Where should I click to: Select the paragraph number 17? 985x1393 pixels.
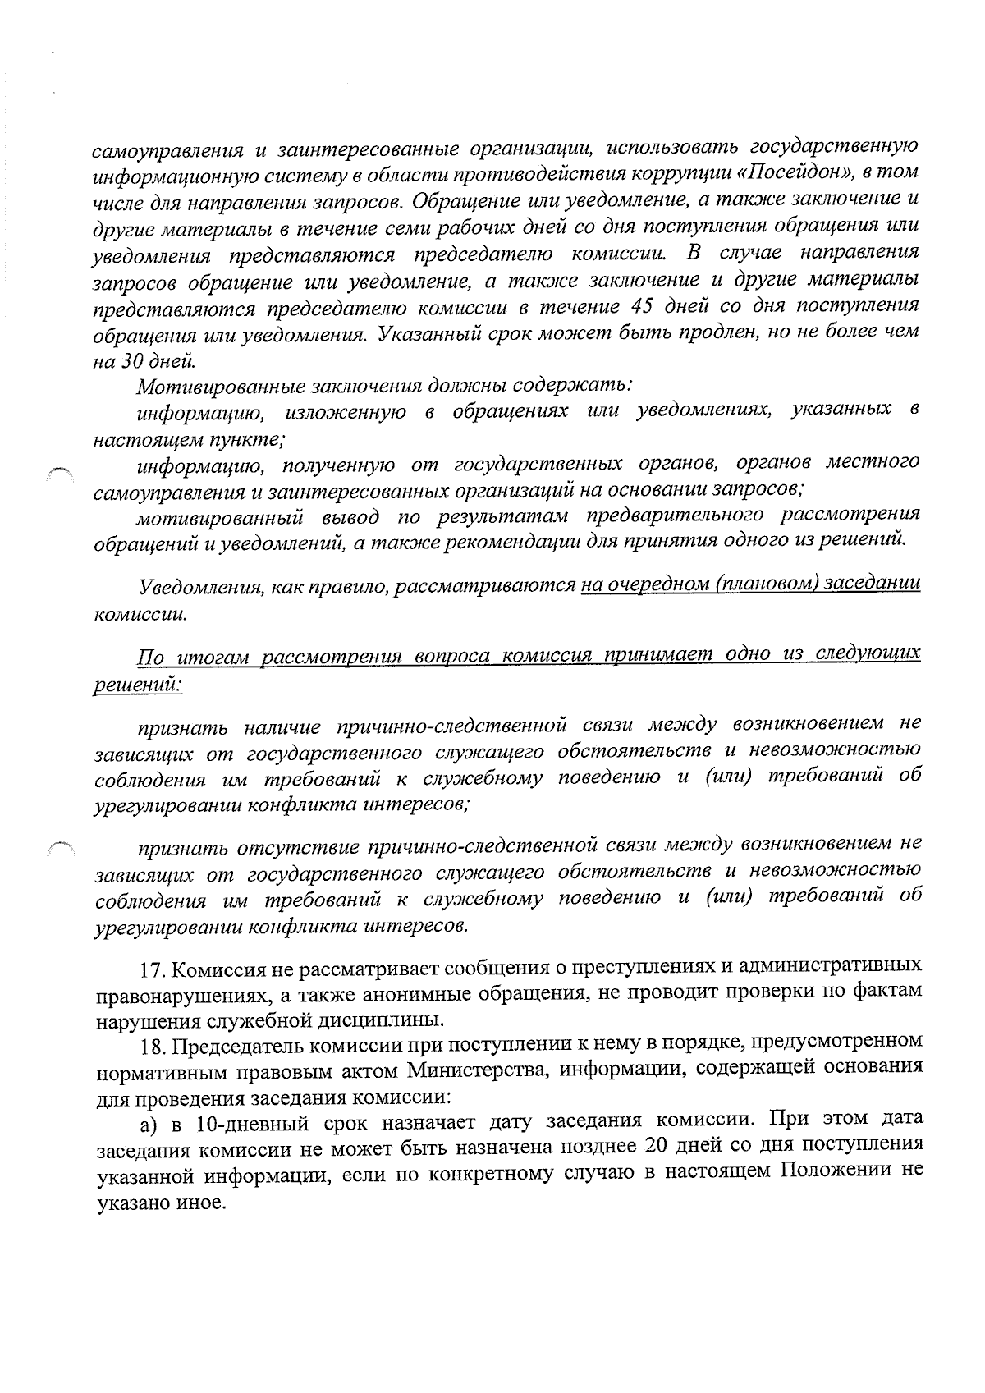[153, 969]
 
